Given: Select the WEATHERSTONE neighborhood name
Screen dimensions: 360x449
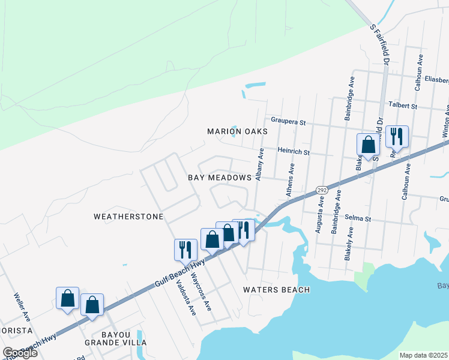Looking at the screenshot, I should pos(128,216).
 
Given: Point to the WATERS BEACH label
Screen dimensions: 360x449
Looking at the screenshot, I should pos(276,290).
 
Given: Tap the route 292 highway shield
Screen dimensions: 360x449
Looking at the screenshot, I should pos(321,190).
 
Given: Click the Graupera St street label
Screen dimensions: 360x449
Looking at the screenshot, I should pos(288,121).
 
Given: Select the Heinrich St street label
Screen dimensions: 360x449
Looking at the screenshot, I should pos(293,152).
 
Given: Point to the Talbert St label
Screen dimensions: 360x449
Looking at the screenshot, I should pos(403,106).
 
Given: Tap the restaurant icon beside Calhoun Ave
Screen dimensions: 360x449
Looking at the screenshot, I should pos(397,137).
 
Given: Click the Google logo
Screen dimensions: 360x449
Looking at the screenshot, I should pos(20,353).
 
